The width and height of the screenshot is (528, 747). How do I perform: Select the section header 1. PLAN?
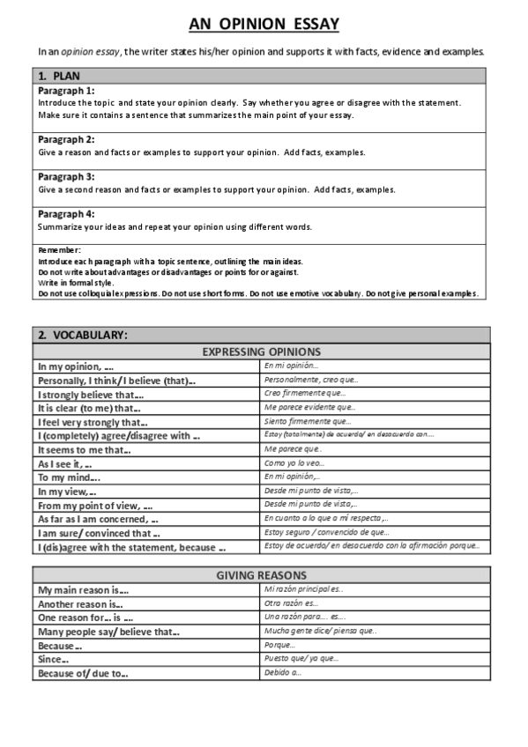point(59,76)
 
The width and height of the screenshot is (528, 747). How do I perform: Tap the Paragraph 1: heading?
point(67,91)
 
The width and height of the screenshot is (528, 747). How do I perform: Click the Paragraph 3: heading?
point(67,176)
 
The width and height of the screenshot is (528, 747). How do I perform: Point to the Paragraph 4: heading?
point(67,214)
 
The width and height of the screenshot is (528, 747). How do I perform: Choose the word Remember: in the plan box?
point(60,251)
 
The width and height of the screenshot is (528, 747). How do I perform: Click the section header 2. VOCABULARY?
point(83,335)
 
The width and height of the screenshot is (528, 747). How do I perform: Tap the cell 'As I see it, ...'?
point(65,463)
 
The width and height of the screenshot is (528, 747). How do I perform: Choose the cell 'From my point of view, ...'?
point(95,506)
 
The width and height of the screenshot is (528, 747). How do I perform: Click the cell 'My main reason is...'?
point(83,590)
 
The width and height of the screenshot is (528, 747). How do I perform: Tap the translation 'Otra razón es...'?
point(291,603)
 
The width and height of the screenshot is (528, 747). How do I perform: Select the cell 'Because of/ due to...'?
point(82,674)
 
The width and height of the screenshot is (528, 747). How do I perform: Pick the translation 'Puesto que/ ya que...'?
point(301,659)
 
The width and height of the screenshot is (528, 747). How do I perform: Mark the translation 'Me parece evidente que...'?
point(309,407)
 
